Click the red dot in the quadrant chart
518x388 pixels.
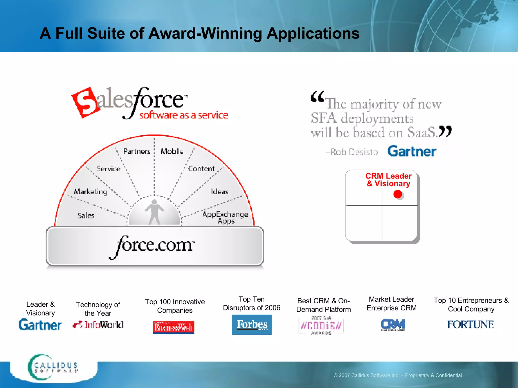point(398,194)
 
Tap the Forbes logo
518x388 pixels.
point(252,325)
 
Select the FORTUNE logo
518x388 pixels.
point(470,324)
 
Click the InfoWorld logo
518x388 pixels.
point(98,325)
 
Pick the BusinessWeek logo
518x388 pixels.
point(174,327)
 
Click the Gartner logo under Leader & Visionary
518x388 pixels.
point(40,325)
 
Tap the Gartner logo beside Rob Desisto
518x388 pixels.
point(412,151)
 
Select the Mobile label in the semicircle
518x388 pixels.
point(172,151)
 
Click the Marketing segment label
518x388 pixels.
point(90,191)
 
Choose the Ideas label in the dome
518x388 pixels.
point(220,192)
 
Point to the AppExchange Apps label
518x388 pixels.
point(225,217)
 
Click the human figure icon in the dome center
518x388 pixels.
point(154,212)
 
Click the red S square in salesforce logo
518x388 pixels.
point(85,103)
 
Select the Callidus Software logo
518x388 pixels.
point(53,367)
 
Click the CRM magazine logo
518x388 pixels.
point(393,324)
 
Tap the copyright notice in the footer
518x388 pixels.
point(397,375)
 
